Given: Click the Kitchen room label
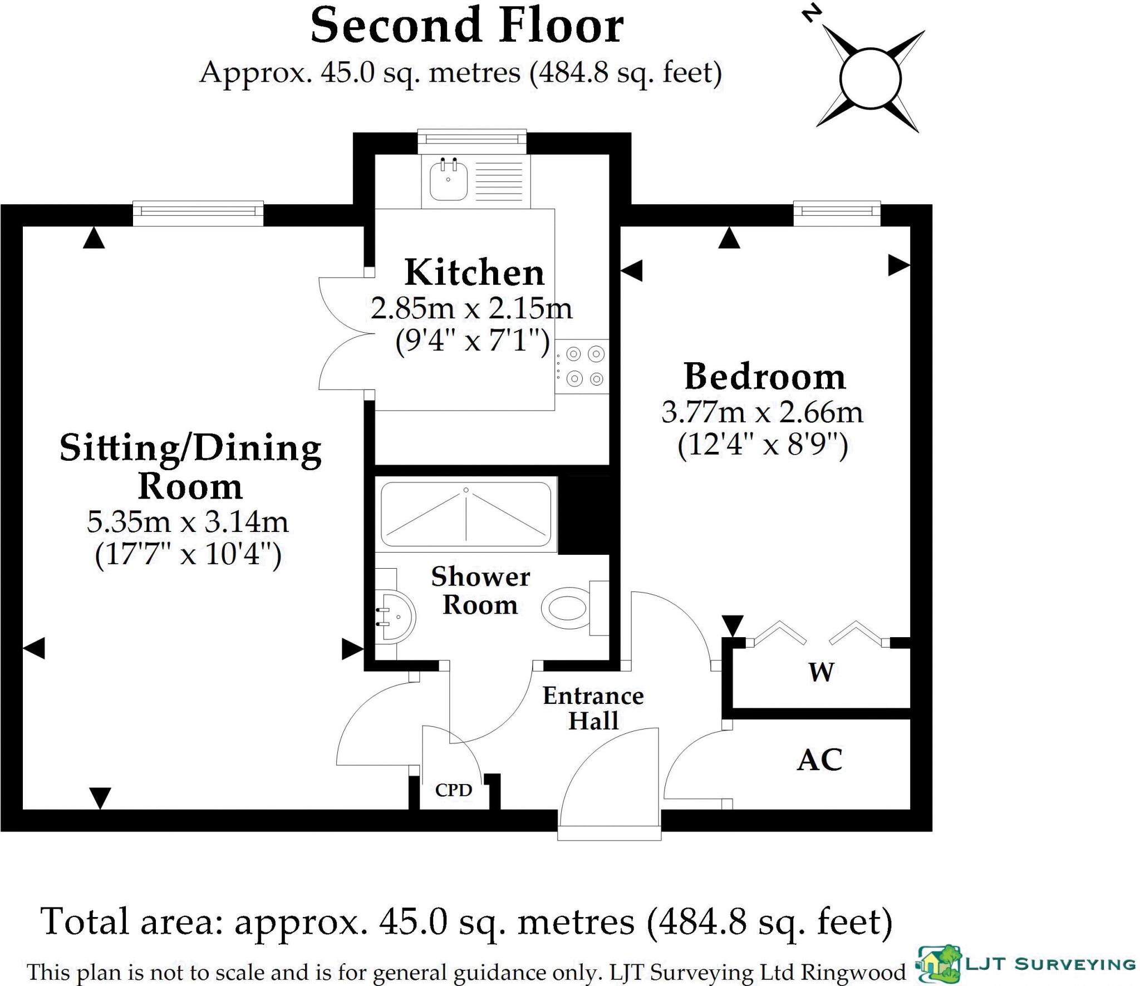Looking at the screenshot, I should (x=474, y=273).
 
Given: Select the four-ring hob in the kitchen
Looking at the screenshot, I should (x=584, y=367).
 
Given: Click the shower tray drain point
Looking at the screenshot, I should (x=466, y=490).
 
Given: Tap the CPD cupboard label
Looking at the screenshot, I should (x=454, y=790).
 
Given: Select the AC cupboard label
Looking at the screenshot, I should (x=819, y=760).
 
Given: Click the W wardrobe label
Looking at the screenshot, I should (x=821, y=673).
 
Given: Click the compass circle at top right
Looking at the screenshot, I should (x=870, y=79).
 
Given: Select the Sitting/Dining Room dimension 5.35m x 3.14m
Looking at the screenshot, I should (x=188, y=522).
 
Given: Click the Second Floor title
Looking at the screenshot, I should (x=467, y=26).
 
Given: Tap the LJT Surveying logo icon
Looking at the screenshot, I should (x=940, y=963).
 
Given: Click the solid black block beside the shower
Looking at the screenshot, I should (x=583, y=515).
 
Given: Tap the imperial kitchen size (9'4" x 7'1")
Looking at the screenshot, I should (x=472, y=340).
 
